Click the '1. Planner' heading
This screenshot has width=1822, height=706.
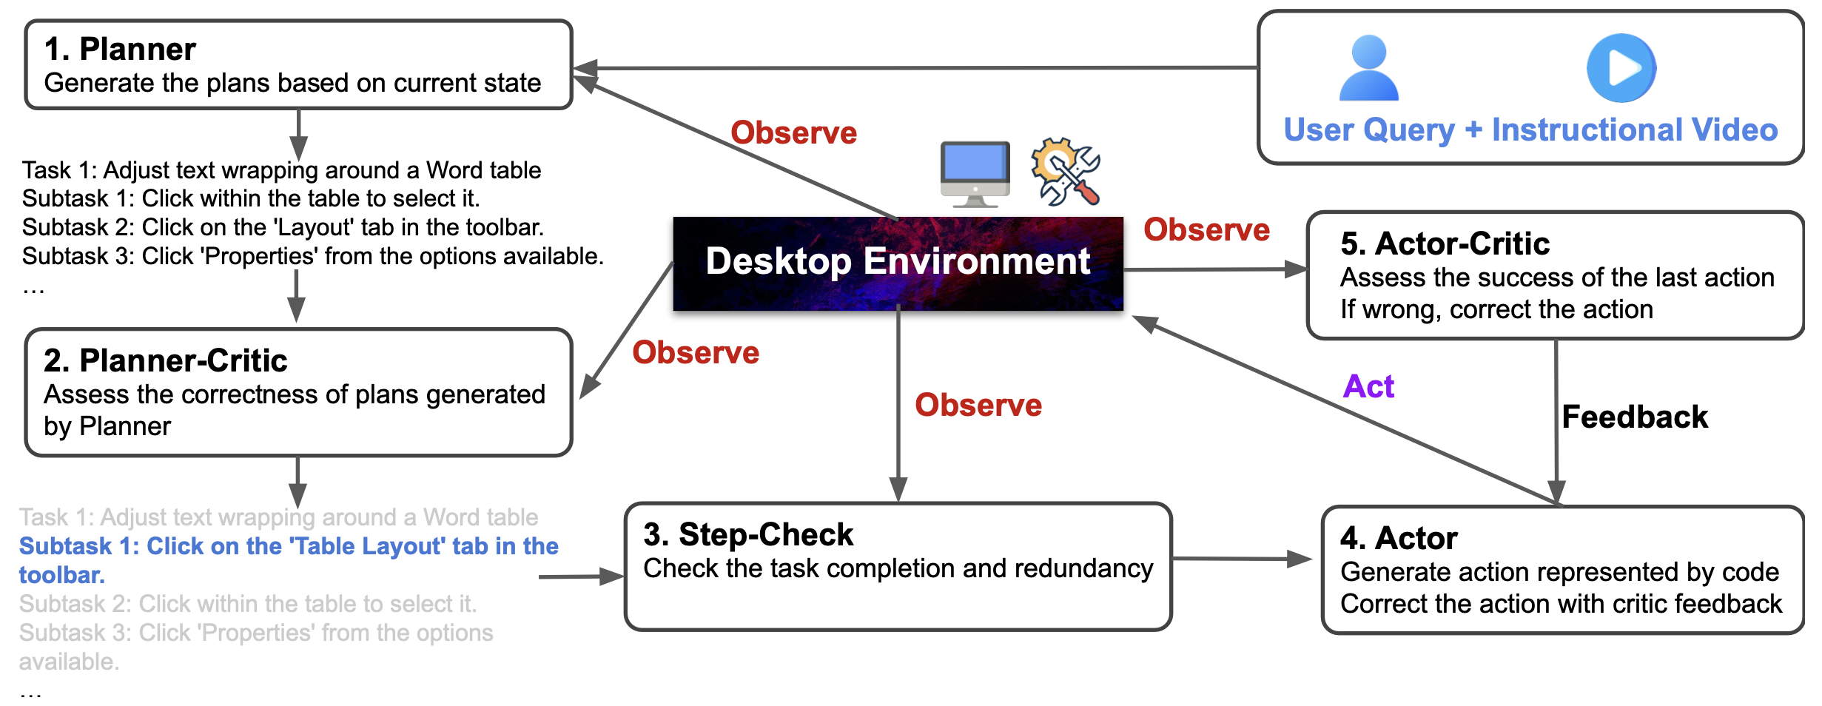click(120, 50)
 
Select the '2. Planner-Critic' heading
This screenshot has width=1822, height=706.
click(166, 360)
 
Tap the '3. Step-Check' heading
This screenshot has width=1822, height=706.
click(748, 534)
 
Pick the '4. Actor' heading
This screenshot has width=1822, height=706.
click(1399, 538)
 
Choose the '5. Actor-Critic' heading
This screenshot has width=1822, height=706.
click(1445, 243)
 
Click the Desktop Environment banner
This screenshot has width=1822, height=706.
click(898, 263)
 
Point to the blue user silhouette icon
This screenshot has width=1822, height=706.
click(1369, 68)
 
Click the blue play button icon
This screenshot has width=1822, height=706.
click(1621, 68)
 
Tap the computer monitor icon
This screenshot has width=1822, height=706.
click(975, 174)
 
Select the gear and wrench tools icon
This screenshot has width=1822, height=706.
click(1066, 171)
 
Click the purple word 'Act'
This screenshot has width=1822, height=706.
click(1368, 386)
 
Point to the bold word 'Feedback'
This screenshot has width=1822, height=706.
click(1635, 417)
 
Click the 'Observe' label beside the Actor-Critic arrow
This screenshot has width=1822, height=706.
click(1207, 229)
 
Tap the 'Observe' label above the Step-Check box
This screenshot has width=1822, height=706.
click(978, 405)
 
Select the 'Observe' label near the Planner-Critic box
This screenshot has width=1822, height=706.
click(696, 352)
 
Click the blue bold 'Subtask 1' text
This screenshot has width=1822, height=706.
click(289, 560)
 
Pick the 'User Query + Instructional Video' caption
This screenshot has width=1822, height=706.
click(1530, 130)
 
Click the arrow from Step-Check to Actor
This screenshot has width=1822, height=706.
click(1243, 559)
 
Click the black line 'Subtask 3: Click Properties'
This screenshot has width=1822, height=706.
click(313, 256)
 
